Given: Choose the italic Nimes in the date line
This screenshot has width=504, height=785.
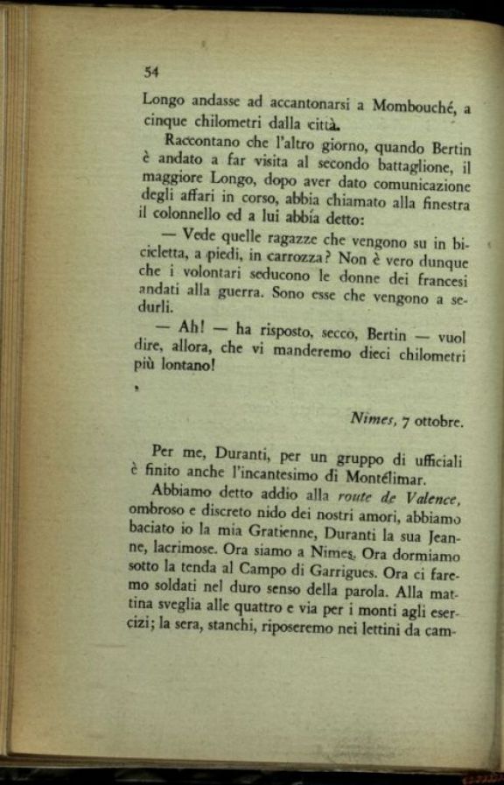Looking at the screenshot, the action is [x=374, y=420].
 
